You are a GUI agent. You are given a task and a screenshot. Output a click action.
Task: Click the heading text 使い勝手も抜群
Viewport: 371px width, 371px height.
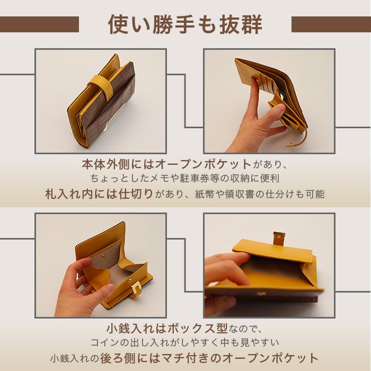pos(185,24)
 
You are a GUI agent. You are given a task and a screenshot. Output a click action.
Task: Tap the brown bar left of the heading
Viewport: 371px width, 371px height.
pos(39,24)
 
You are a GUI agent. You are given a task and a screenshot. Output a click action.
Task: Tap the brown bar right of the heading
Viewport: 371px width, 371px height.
pos(331,24)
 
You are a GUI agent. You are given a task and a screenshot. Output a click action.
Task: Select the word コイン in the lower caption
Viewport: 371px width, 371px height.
pos(104,343)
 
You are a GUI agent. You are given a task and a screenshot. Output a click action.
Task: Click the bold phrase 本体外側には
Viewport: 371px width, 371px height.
pos(112,163)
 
